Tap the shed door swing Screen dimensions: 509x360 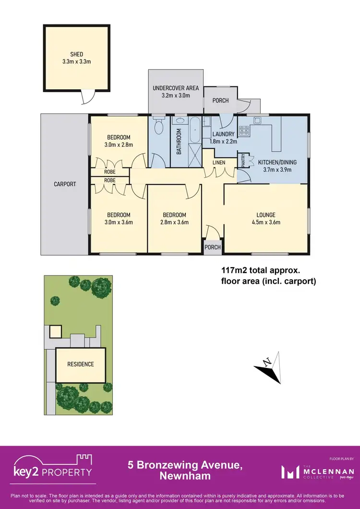pos(86,98)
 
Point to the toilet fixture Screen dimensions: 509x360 pos(159,127)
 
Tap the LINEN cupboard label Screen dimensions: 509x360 pos(219,163)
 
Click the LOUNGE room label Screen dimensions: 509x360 pos(265,214)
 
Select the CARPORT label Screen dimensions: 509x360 pos(65,184)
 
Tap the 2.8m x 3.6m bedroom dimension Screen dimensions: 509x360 pos(174,222)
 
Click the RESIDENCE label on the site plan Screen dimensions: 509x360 pos(80,364)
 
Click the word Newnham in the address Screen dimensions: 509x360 pos(180,475)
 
